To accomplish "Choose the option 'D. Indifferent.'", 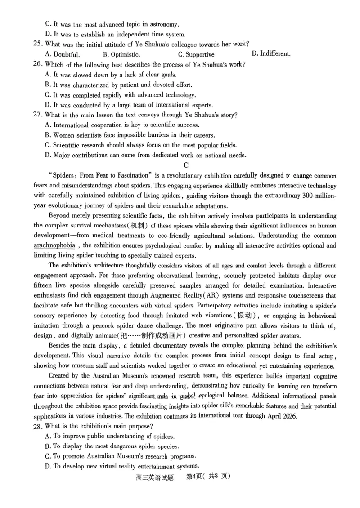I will (271, 53).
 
